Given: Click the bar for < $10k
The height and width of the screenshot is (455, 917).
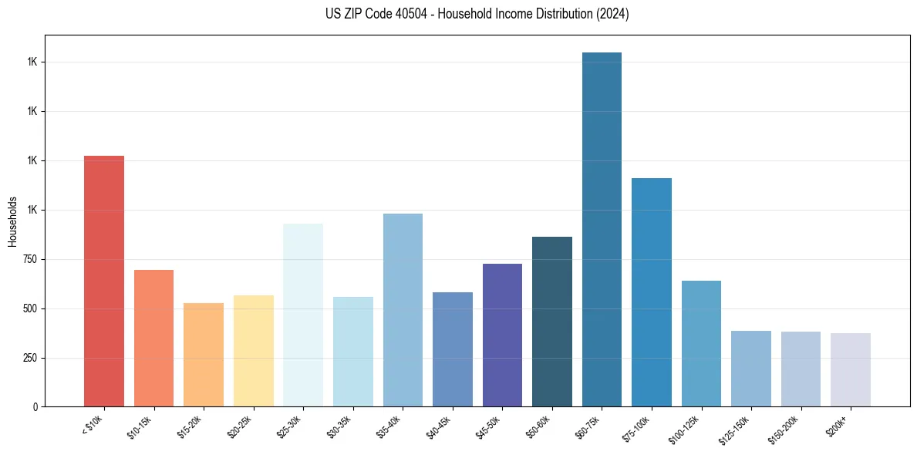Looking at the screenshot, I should tap(103, 281).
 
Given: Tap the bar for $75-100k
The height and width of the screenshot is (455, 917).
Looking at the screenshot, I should tap(651, 292).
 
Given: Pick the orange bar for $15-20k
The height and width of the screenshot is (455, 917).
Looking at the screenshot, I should tap(203, 355).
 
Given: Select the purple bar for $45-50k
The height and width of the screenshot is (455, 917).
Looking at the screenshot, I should tap(502, 335).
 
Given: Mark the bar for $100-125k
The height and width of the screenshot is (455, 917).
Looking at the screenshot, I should tap(701, 343).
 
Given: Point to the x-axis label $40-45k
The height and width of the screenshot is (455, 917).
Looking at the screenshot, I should tap(440, 426).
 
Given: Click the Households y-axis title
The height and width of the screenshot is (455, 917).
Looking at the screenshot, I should tap(12, 221).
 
